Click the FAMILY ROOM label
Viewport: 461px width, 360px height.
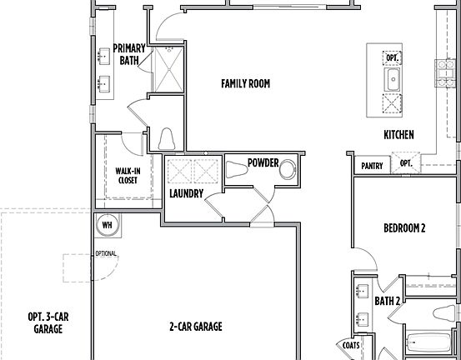tap(245, 83)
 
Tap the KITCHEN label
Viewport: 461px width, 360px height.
tap(398, 135)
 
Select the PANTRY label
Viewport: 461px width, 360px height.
tap(372, 166)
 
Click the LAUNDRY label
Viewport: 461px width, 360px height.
tap(186, 193)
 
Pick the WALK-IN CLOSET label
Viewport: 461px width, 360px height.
tap(127, 174)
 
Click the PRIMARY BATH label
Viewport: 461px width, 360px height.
tap(129, 54)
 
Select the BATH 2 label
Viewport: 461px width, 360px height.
tap(388, 301)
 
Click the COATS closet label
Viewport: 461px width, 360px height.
tap(351, 344)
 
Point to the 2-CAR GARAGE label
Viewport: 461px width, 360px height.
tap(196, 327)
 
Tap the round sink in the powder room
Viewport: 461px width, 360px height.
tap(288, 170)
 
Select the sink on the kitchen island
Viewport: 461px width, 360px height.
tap(391, 80)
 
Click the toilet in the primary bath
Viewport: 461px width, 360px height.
tap(165, 138)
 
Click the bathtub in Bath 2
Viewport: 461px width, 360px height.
tap(430, 343)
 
